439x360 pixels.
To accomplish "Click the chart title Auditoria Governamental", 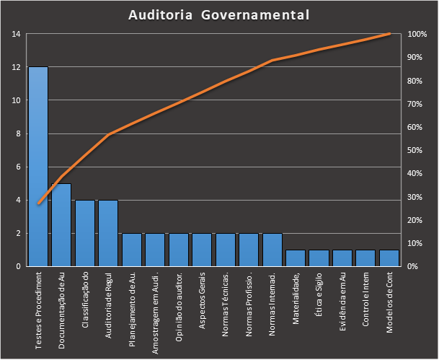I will coord(219,14).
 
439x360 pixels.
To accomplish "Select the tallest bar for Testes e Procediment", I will coord(38,166).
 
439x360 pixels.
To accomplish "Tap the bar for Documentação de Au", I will coord(61,225).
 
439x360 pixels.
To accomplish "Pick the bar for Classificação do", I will coord(85,233).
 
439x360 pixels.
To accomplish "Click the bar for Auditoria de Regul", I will coord(108,233).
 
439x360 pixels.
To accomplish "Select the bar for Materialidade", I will coord(296,258).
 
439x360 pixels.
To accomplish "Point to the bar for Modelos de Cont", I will coord(389,258).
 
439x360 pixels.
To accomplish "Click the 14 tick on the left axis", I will coord(16,34).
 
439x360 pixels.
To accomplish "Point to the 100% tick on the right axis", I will coord(417,34).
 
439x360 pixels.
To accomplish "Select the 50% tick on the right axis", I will coord(415,150).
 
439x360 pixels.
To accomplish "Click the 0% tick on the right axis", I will coord(413,267).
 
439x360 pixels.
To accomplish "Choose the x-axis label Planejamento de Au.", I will coord(132,302).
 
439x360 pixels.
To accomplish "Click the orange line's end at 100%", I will coord(389,33).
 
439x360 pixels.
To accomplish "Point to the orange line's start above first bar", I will coord(38,204).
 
